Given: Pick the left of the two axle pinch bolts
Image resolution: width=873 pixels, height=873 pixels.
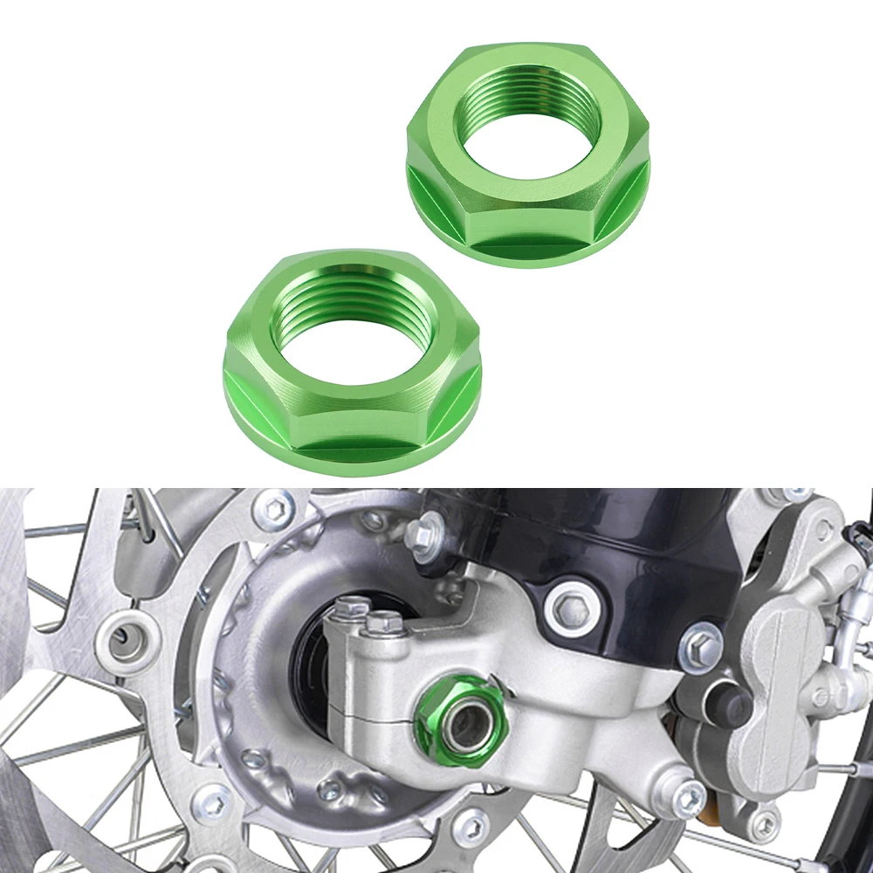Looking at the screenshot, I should (353, 608).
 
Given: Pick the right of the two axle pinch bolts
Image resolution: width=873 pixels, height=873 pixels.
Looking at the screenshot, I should (384, 622).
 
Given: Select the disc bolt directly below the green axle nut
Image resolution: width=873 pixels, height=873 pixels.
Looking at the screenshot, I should (472, 824).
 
